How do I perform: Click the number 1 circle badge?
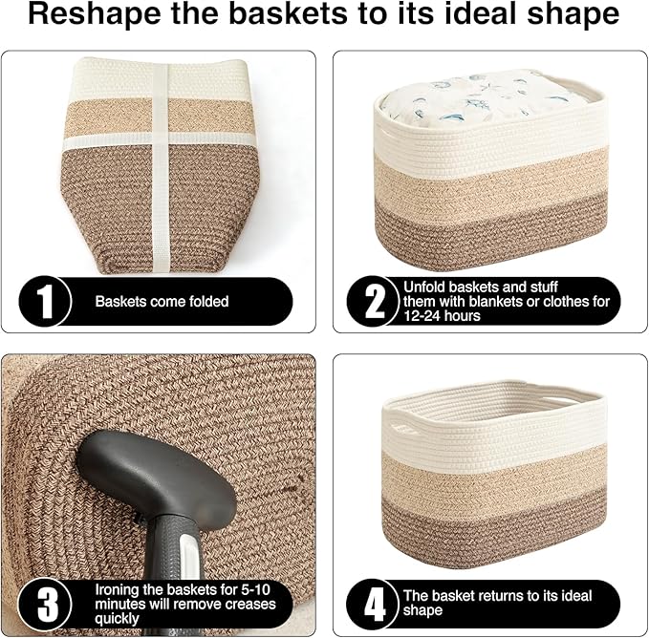pos(44,301)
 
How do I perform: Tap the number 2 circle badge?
pos(375,301)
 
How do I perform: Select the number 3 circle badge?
pos(44,604)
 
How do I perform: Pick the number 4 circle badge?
pos(375,604)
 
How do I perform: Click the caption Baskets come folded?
pos(162,301)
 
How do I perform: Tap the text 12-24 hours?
pos(443,315)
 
